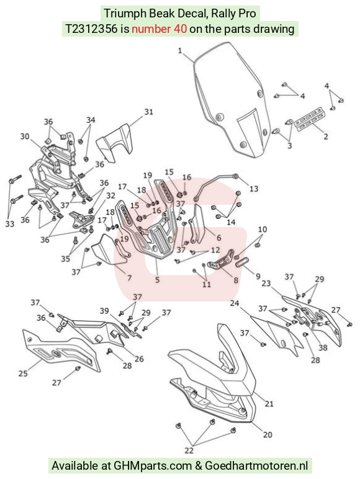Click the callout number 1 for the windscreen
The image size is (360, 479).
[180, 51]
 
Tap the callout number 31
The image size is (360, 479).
[149, 112]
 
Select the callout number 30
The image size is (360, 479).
[25, 137]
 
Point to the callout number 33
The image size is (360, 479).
[10, 224]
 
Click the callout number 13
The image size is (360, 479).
[254, 189]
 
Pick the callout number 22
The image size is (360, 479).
[189, 450]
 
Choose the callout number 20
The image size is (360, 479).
[268, 434]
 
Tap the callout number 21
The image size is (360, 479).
[269, 404]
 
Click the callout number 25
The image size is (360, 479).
[23, 374]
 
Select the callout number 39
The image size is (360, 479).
[104, 311]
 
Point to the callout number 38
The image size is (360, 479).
[323, 347]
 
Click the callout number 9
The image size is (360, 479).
[258, 276]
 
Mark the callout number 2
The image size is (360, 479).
[326, 137]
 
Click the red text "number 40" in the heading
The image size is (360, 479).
[160, 29]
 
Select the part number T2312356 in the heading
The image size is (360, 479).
[91, 29]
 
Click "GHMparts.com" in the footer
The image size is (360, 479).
[153, 466]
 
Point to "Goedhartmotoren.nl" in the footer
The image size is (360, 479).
[256, 465]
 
